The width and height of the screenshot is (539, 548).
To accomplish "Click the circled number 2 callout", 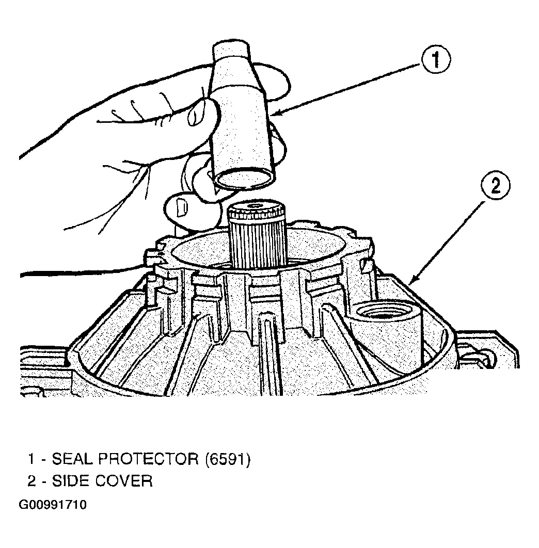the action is (496, 186).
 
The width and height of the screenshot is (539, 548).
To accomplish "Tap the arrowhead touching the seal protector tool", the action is (276, 112).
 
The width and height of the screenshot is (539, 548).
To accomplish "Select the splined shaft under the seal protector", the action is (257, 234).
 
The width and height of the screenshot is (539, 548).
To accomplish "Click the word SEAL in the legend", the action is (73, 459).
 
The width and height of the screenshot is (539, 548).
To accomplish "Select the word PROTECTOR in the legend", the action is (149, 459).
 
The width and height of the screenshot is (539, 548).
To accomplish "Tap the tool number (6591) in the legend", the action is (228, 459).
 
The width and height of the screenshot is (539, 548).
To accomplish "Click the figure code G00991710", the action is (53, 505).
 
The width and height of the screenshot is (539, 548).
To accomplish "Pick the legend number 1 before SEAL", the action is (31, 459).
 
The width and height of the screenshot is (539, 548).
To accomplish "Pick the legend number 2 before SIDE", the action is (32, 481).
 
